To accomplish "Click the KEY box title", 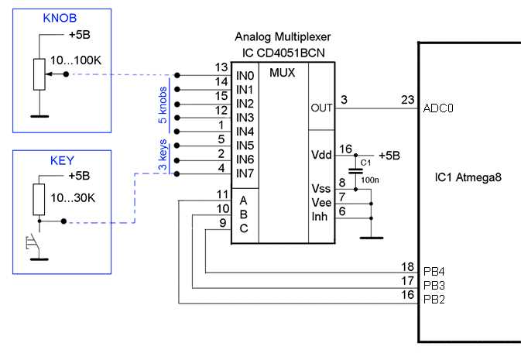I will pos(62,161).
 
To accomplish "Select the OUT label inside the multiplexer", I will pos(320,108).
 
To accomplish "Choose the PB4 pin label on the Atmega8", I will pos(434,273).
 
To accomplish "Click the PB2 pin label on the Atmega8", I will pos(434,300).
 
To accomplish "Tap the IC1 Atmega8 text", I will pos(468,177).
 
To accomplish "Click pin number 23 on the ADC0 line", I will pos(407,99).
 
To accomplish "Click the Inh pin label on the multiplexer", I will pos(321,217).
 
